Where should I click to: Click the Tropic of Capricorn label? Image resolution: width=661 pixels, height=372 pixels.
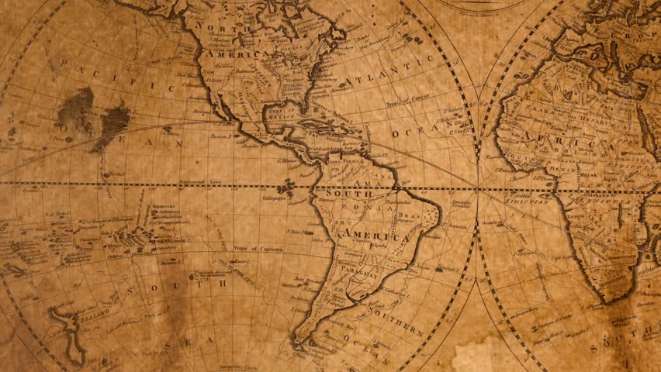(x=258, y=250)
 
